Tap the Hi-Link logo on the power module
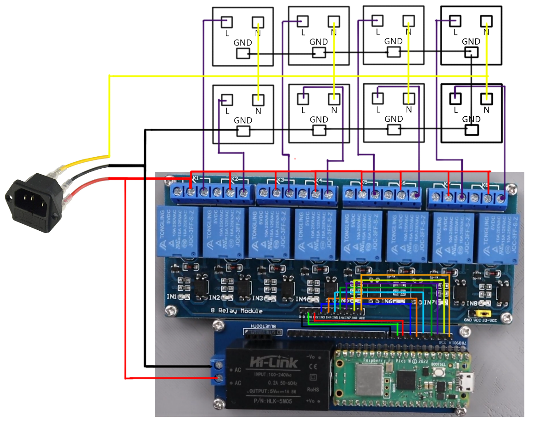click(x=275, y=364)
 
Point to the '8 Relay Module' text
click(x=236, y=311)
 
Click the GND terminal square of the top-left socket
click(x=243, y=54)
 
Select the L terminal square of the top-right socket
click(x=455, y=21)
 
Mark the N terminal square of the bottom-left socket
click(x=258, y=99)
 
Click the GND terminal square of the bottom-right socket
click(x=472, y=130)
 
